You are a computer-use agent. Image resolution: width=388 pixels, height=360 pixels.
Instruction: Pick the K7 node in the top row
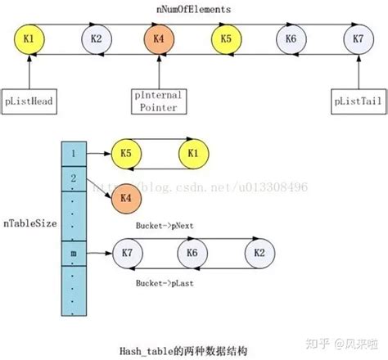pos(358,39)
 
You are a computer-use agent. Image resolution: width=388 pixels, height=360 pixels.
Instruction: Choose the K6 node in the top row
pos(291,39)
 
